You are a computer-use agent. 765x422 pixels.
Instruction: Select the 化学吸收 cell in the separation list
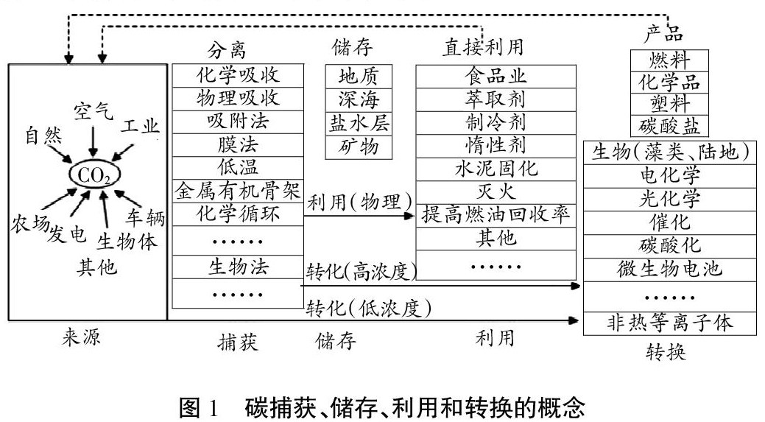(x=238, y=75)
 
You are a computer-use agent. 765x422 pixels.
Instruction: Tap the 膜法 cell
(x=238, y=144)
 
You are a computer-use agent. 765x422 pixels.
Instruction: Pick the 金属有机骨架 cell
(x=238, y=191)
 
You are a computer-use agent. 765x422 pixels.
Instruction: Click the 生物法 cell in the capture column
(x=238, y=266)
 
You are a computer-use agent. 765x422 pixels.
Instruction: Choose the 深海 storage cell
(x=359, y=99)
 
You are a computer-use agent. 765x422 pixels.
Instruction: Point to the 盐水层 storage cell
(x=359, y=122)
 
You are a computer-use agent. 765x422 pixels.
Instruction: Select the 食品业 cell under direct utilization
(x=496, y=75)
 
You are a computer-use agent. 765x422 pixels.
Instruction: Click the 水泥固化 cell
(x=496, y=168)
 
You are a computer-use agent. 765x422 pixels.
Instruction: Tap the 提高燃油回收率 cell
(x=496, y=215)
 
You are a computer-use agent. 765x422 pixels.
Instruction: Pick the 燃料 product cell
(x=669, y=60)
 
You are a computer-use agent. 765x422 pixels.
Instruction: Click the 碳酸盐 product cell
(x=669, y=125)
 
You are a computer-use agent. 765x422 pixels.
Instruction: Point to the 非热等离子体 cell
(x=669, y=323)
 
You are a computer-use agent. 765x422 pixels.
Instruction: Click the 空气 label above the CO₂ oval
(x=93, y=112)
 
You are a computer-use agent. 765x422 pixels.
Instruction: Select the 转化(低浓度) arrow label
(x=368, y=307)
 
